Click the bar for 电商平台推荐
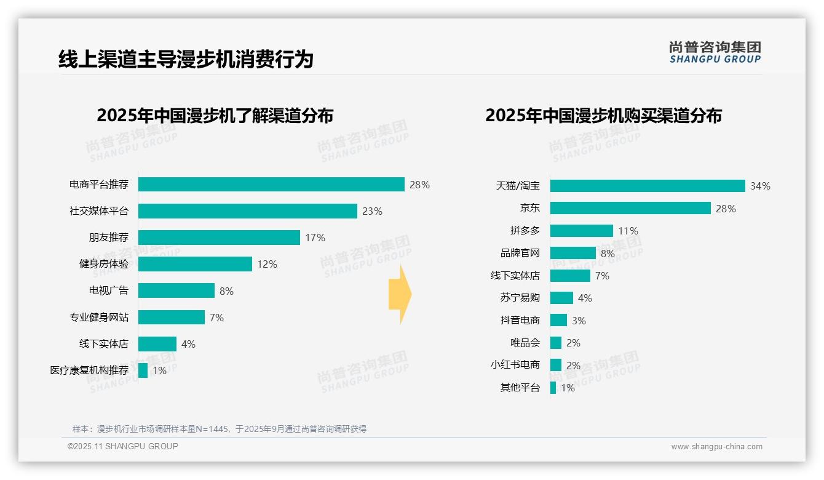coord(271,185)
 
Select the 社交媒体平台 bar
coord(247,211)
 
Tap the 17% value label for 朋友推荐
coord(315,238)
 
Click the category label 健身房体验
coord(104,264)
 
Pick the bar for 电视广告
coord(176,290)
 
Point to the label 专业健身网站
coord(99,318)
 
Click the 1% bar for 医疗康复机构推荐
coord(143,370)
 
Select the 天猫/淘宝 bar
coord(648,186)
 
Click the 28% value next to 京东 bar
coord(726,209)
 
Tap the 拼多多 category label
coord(525,231)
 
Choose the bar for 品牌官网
coord(572,253)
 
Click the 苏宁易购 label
coord(520,298)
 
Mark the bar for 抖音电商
coord(558,320)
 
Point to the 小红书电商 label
coord(515,365)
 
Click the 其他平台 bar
coord(553,388)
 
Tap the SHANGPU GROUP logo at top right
coord(715,52)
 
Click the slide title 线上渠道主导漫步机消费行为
coord(186,59)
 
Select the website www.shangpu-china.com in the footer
coord(716,447)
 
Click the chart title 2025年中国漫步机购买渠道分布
coord(603,116)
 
